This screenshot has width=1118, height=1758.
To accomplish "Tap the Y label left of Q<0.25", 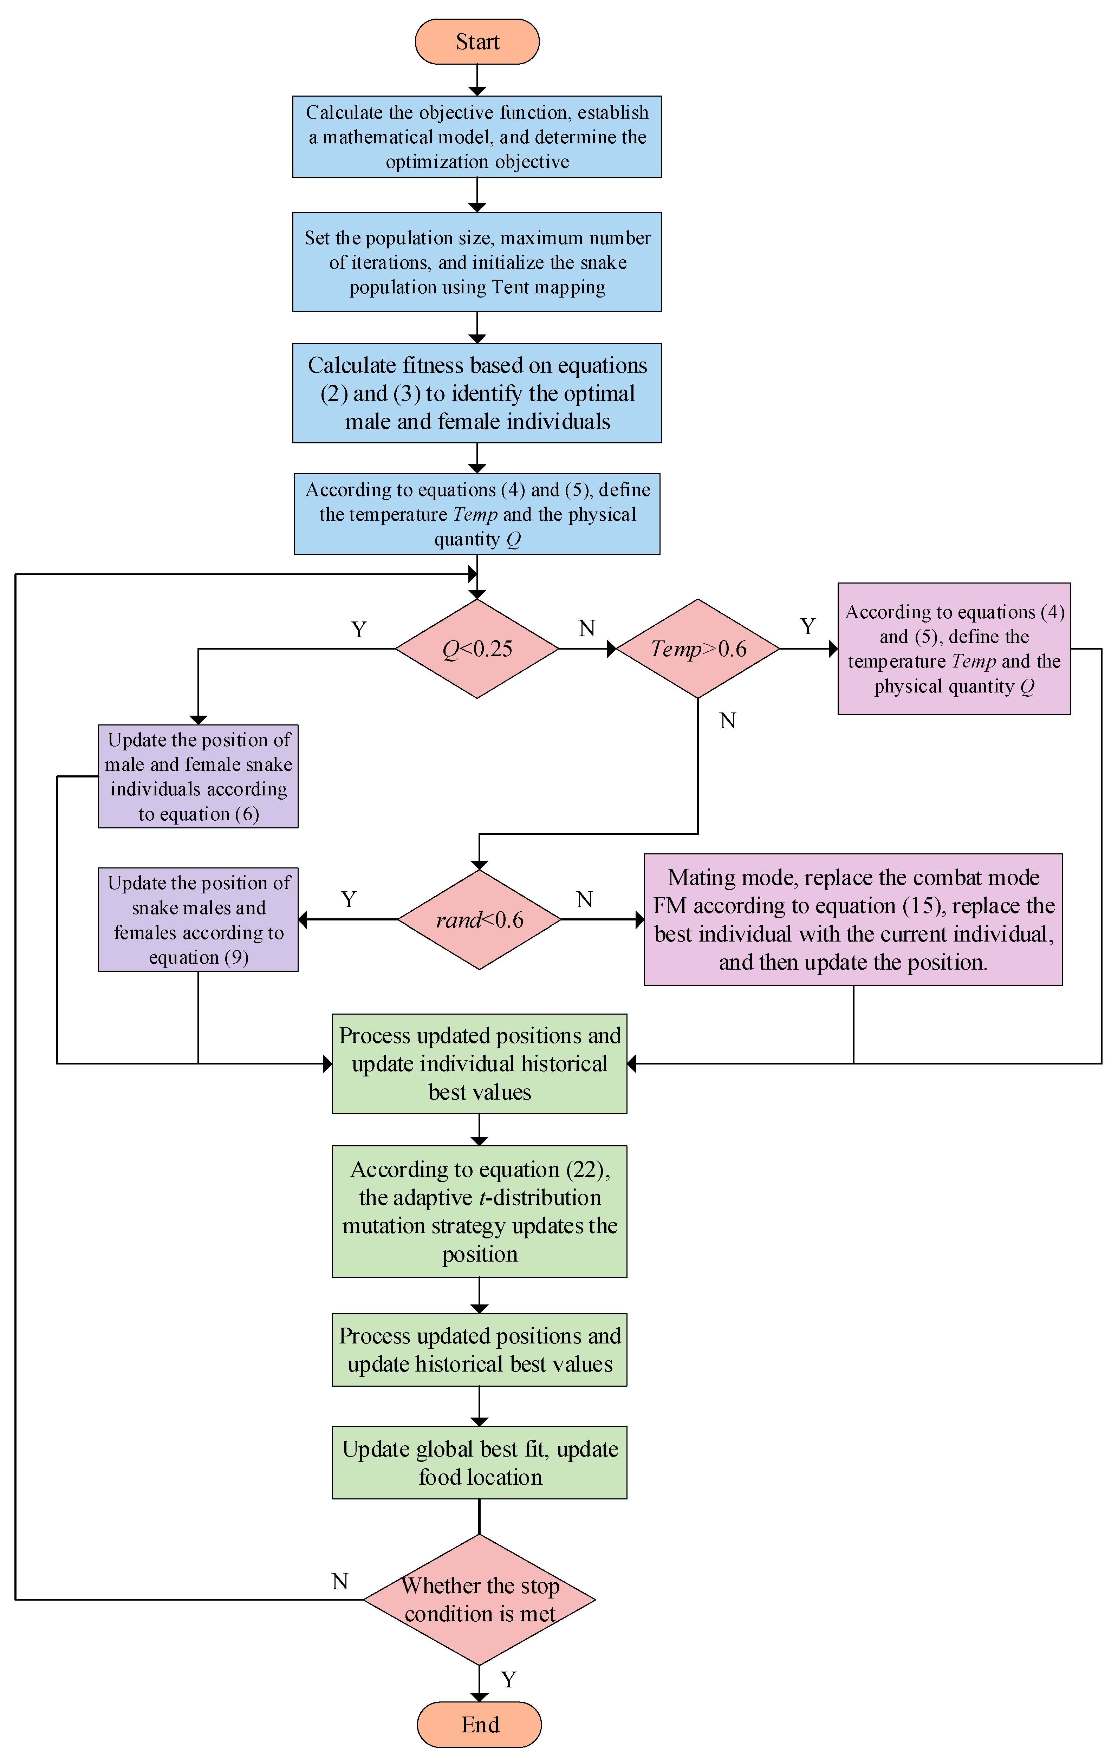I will [358, 629].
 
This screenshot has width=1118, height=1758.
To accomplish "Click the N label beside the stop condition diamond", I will [339, 1581].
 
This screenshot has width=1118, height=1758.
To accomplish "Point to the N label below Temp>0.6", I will [727, 721].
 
